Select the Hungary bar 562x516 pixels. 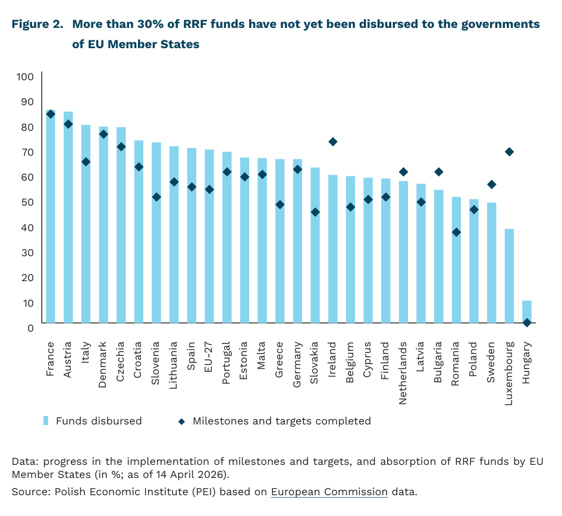click(x=527, y=312)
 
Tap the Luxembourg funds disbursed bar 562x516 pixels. click(x=509, y=276)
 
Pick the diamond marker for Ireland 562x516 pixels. click(x=333, y=141)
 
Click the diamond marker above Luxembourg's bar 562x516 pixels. click(x=509, y=152)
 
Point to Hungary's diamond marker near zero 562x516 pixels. click(x=527, y=323)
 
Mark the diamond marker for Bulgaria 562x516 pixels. click(x=439, y=172)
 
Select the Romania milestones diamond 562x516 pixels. click(x=456, y=232)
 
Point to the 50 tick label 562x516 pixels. click(x=28, y=202)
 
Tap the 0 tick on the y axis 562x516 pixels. click(x=30, y=328)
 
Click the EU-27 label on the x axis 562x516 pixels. click(x=209, y=356)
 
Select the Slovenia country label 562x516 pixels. click(x=156, y=363)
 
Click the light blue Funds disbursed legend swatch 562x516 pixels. click(x=45, y=421)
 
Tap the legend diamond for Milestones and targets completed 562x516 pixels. click(x=182, y=421)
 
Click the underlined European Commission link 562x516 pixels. click(x=329, y=492)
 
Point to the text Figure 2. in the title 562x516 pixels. click(x=37, y=25)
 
